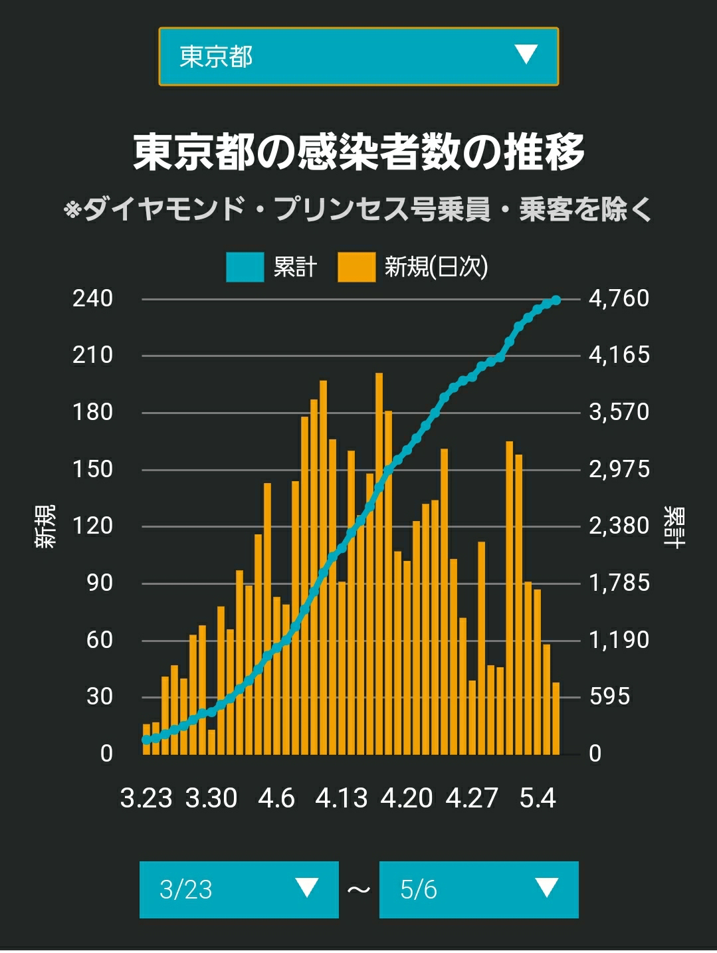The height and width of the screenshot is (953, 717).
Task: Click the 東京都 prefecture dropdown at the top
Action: [x=359, y=56]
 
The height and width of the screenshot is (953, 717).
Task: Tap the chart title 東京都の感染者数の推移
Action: [x=359, y=152]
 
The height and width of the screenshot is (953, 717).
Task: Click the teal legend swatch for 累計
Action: [x=245, y=267]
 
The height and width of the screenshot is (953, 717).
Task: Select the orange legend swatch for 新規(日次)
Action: [x=356, y=267]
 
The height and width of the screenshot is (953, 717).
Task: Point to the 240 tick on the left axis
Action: [x=92, y=298]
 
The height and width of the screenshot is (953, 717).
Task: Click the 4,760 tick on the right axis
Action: [x=619, y=298]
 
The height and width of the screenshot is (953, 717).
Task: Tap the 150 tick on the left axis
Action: [x=92, y=469]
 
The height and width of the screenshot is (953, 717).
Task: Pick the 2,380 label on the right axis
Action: [x=619, y=526]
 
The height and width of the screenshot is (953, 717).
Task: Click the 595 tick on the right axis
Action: [x=609, y=697]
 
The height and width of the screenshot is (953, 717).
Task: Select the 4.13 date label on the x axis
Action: [x=341, y=798]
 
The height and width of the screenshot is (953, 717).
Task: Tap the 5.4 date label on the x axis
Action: [x=538, y=798]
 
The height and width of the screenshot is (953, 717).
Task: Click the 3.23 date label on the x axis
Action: [x=146, y=798]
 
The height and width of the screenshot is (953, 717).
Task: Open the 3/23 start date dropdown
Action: [x=239, y=890]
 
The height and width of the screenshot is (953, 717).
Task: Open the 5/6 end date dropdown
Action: [x=478, y=890]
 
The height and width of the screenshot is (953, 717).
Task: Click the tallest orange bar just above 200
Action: [x=379, y=564]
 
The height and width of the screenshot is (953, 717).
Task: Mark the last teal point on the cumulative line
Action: [x=556, y=300]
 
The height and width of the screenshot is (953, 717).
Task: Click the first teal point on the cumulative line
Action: [x=146, y=740]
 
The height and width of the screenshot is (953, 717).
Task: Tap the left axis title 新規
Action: [x=45, y=526]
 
